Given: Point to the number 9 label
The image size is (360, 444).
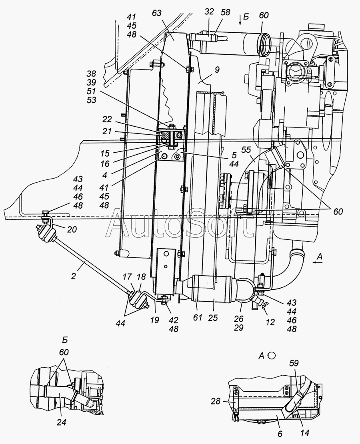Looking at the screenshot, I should point(216,70).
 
